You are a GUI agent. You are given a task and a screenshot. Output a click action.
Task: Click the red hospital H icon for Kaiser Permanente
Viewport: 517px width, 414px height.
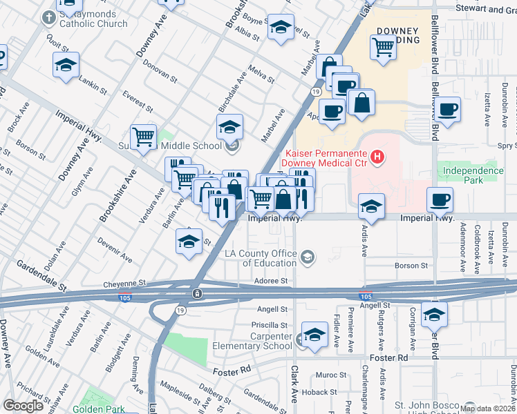(377, 157)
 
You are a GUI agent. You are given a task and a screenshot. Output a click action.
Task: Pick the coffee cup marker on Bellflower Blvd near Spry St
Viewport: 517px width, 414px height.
(448, 109)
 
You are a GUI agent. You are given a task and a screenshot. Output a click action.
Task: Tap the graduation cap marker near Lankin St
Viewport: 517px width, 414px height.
(66, 65)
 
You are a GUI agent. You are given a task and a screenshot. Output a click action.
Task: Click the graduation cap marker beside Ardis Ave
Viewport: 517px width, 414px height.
(371, 206)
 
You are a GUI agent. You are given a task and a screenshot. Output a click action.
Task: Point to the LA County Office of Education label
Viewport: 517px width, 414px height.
(261, 258)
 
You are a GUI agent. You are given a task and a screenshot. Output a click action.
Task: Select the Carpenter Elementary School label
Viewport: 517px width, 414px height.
(262, 341)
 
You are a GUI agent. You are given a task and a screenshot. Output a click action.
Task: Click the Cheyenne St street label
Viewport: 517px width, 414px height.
(125, 283)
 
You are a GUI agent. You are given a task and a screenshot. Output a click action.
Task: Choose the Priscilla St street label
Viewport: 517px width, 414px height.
(269, 324)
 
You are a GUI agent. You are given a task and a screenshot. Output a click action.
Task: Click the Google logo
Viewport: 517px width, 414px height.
(23, 406)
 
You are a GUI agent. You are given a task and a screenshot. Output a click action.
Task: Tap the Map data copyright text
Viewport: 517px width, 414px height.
(487, 408)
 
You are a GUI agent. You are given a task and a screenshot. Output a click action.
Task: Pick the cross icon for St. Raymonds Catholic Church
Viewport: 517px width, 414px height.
(49, 17)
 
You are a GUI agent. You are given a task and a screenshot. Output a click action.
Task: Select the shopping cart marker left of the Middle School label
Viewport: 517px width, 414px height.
(143, 136)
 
